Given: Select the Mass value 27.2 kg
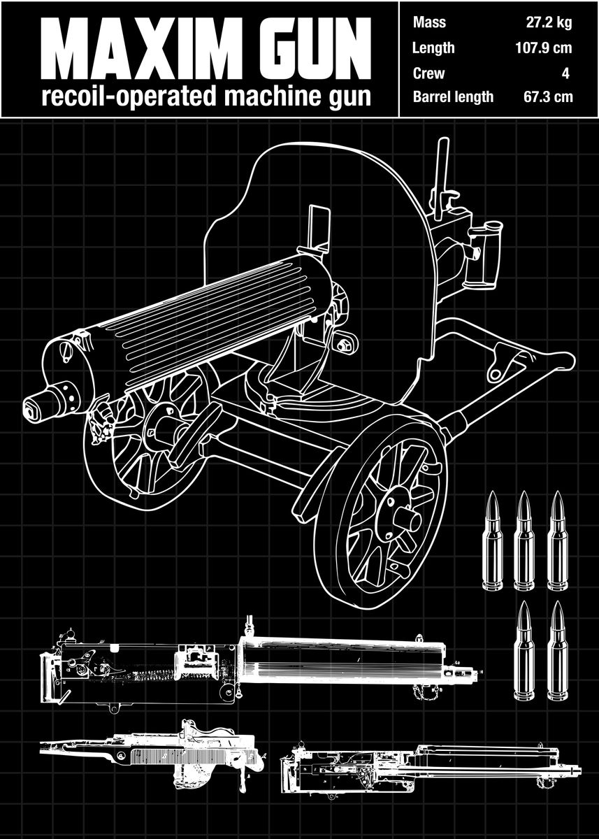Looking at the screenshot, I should [549, 22].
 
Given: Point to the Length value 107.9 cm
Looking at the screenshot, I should [542, 48].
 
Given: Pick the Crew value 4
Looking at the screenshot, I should [567, 73].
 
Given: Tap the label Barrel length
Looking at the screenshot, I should [453, 96].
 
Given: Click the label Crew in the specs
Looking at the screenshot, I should [428, 73].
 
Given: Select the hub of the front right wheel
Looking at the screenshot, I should [396, 515].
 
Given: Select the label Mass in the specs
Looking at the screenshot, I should [429, 22].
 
